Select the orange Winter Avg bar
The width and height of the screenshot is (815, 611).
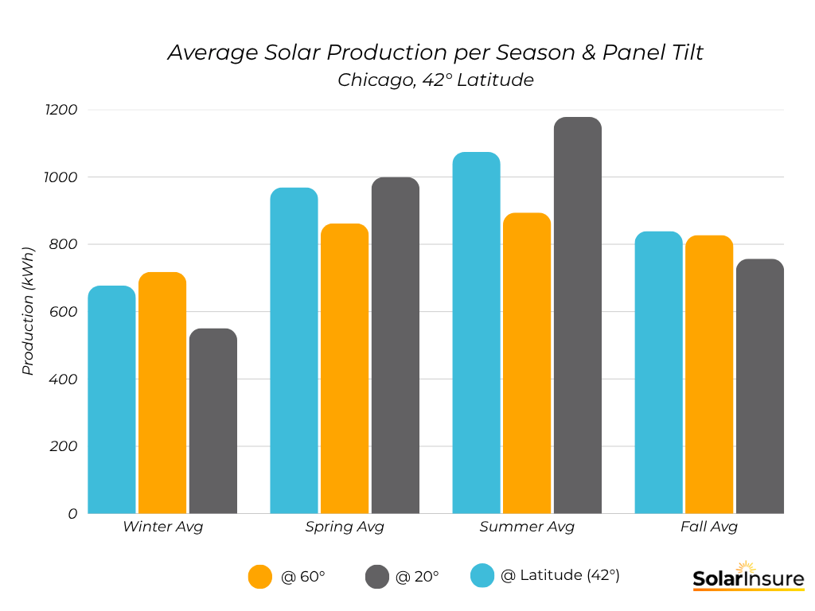coord(162,393)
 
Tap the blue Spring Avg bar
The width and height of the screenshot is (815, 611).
coord(294,351)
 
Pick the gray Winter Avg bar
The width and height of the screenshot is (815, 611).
coord(213,421)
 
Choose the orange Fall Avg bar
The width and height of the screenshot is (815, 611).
coord(709,375)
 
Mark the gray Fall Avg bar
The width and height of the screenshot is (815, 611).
coord(760,387)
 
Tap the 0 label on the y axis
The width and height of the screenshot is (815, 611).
coord(72,514)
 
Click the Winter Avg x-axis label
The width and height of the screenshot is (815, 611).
coord(162,527)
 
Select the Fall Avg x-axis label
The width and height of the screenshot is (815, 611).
coord(709,527)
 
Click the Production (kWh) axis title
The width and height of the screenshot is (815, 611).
coord(28,311)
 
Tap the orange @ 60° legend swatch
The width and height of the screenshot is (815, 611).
coord(260,577)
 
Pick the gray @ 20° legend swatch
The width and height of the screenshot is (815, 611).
coord(377,577)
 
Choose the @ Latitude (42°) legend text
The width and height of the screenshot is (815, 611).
coord(560,575)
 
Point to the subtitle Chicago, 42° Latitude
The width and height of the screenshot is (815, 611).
coord(435,80)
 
